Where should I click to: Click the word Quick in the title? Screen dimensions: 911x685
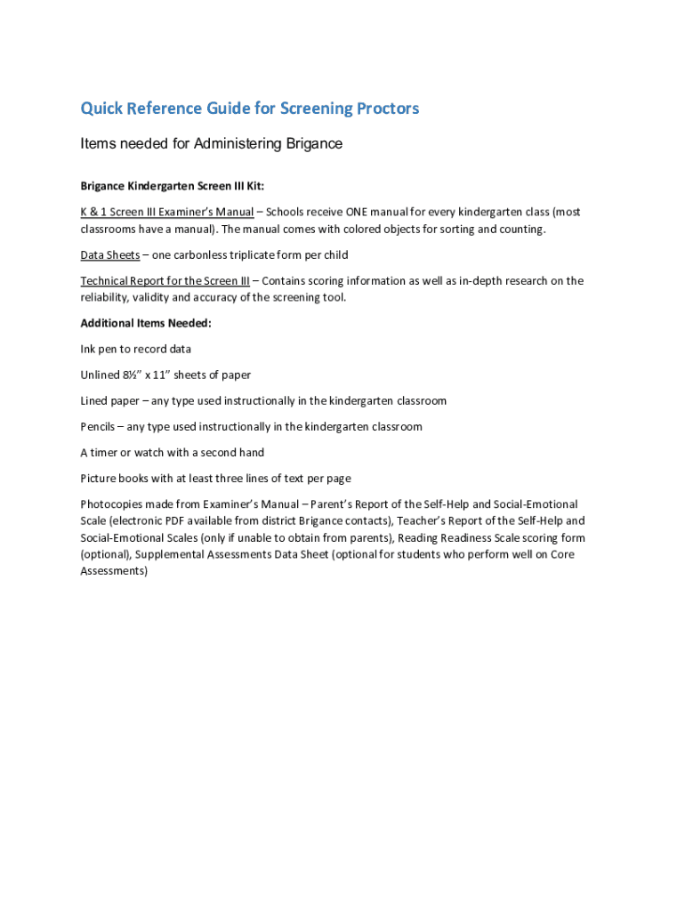coord(101,109)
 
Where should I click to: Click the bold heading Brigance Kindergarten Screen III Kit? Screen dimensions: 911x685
coord(173,186)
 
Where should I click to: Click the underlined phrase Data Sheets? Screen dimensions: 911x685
coord(110,255)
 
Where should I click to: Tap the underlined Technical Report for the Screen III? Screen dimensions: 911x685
coord(165,281)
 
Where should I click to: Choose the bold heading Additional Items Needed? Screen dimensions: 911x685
coord(146,323)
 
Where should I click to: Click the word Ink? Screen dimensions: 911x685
coord(88,349)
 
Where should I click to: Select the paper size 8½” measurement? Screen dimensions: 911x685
coord(133,375)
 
